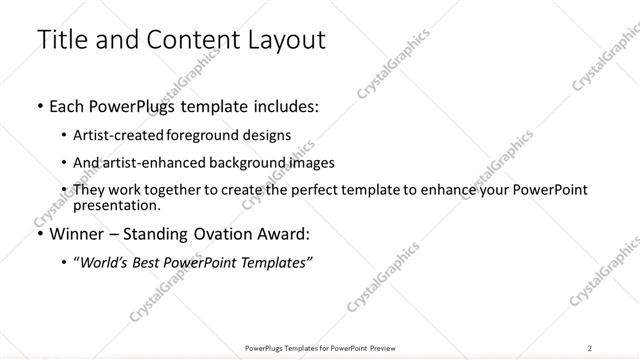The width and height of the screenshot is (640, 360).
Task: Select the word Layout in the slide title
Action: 281,40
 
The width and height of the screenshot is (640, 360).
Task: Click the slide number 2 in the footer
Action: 590,347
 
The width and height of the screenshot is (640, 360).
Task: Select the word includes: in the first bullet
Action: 279,105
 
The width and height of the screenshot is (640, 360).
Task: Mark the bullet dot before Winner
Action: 39,235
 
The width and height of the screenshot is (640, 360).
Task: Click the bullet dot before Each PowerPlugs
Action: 39,106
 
